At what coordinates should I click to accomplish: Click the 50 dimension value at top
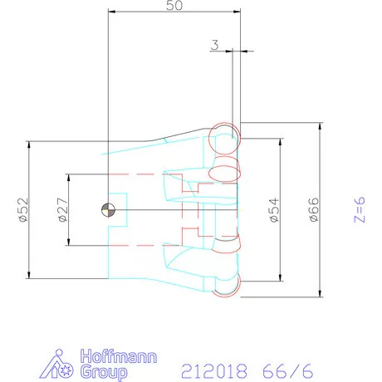(x=174, y=6)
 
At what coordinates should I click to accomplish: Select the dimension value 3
(x=214, y=47)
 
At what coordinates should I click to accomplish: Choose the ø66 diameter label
(x=312, y=211)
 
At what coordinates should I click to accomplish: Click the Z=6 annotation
(x=359, y=210)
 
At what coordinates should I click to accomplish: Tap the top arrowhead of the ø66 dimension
(x=321, y=125)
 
